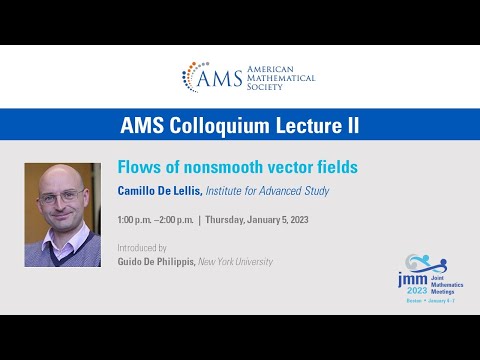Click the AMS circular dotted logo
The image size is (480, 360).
(197, 77)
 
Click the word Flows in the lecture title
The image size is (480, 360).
(135, 167)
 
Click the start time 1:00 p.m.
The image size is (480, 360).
(138, 218)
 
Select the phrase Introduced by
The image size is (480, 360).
(142, 247)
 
